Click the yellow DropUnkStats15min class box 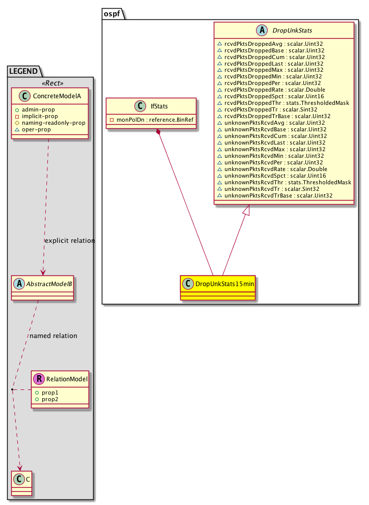(218, 288)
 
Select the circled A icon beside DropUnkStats (262, 30)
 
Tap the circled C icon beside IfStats (140, 106)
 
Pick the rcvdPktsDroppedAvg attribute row (270, 44)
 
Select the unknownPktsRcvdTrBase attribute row (275, 195)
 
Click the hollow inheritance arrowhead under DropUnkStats (246, 210)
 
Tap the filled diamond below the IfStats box (158, 132)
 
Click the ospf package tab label (112, 14)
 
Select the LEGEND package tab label (23, 71)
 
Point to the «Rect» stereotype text (52, 83)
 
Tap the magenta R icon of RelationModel (39, 379)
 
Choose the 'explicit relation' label (70, 241)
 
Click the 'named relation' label (53, 335)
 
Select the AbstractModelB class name (49, 284)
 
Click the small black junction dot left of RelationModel (12, 390)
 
